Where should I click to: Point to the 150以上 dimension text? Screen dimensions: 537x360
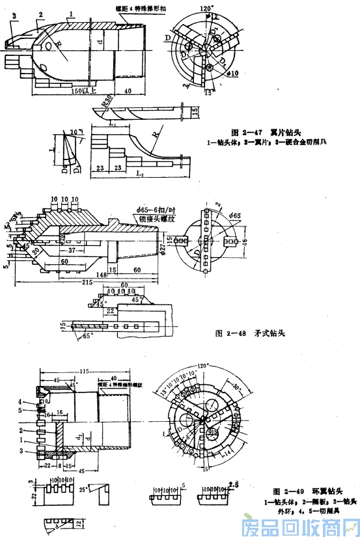click(x=84, y=91)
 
